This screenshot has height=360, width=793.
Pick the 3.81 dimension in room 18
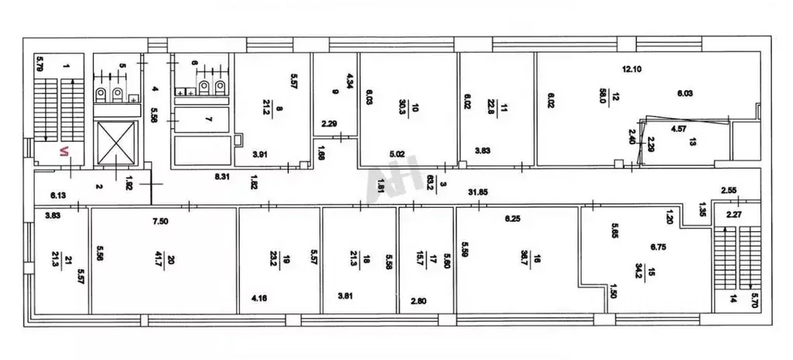346,296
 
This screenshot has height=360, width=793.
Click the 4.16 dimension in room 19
261,297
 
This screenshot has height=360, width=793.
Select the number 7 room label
207,120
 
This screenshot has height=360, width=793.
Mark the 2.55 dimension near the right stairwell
729,189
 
